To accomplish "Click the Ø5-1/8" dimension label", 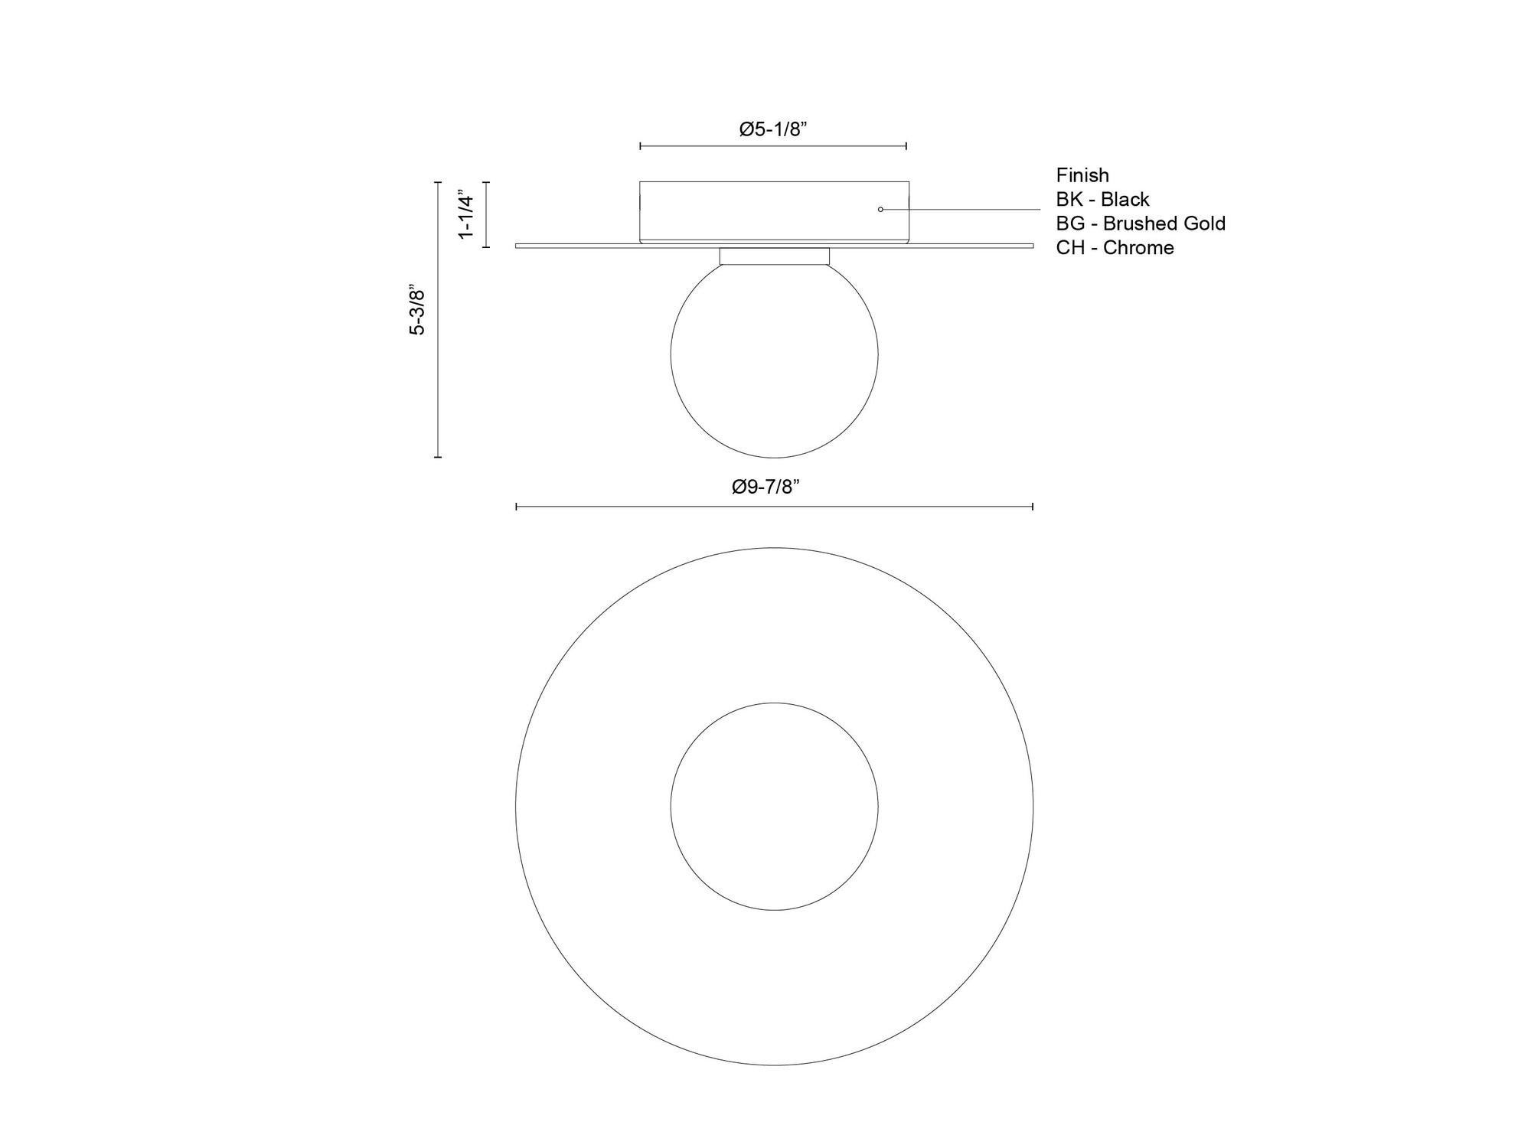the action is pyautogui.click(x=774, y=129).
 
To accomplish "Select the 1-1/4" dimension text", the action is pyautogui.click(x=466, y=214).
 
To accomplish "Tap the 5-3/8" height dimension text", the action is pyautogui.click(x=417, y=311).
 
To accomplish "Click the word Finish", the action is pyautogui.click(x=1082, y=175).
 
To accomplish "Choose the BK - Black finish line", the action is pyautogui.click(x=1102, y=200).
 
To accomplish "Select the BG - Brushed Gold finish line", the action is pyautogui.click(x=1141, y=223).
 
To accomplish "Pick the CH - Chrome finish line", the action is pyautogui.click(x=1115, y=248).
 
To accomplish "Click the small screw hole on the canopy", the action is pyautogui.click(x=880, y=209).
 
